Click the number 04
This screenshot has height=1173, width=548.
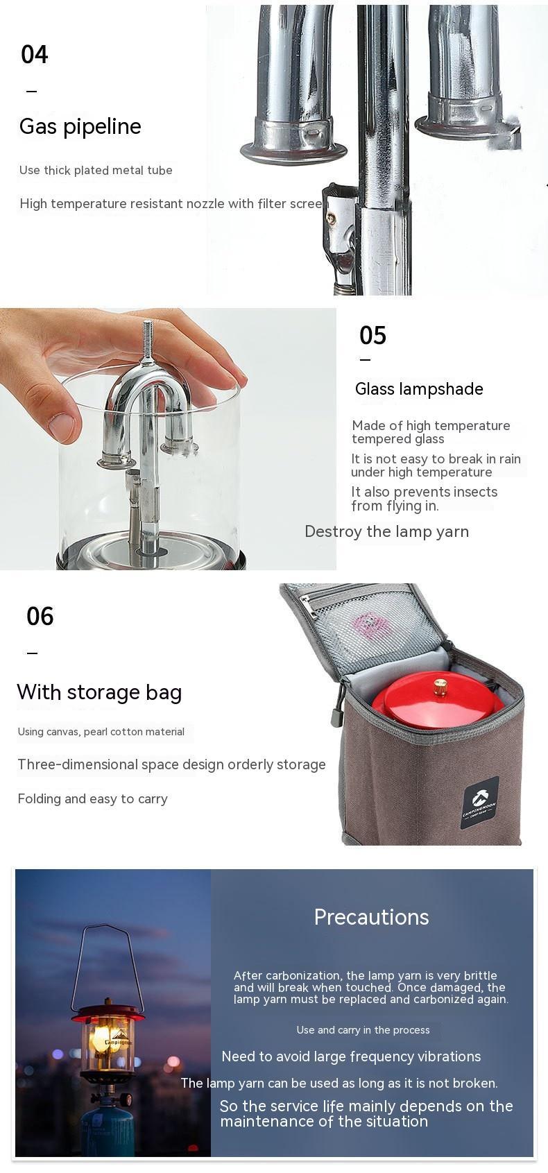(35, 54)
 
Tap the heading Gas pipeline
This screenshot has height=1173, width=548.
(80, 126)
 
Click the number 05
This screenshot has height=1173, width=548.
(373, 336)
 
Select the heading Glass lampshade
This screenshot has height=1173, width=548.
(419, 389)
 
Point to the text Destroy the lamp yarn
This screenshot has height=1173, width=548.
(386, 532)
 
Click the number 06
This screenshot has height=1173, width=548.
(40, 616)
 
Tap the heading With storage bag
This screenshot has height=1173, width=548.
(99, 692)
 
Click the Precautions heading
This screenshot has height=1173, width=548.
(371, 917)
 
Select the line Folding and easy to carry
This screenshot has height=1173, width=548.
(92, 799)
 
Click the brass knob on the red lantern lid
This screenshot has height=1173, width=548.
(440, 687)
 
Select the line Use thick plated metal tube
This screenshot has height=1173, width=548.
(96, 171)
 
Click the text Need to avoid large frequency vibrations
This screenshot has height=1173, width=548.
(351, 1056)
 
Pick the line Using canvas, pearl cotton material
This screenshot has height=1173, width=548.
(101, 732)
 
